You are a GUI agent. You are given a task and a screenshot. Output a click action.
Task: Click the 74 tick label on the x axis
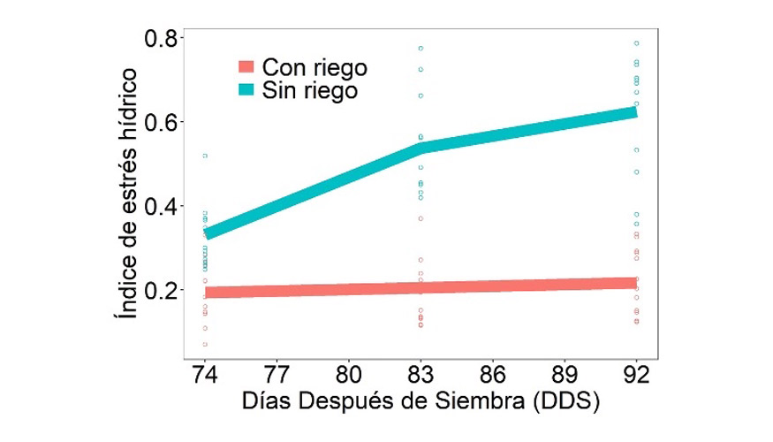(x=205, y=374)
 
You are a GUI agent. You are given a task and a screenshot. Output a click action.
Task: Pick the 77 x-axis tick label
(x=277, y=374)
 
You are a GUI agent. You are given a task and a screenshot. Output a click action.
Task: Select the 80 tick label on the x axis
(x=349, y=374)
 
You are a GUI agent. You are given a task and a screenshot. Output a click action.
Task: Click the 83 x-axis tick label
(x=421, y=374)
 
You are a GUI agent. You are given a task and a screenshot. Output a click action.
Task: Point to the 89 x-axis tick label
(x=565, y=374)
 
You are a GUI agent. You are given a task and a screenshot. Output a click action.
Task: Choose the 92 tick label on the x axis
(x=635, y=374)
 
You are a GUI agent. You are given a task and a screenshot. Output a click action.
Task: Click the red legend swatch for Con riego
(x=246, y=67)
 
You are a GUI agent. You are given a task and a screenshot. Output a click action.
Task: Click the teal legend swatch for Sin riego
(x=246, y=89)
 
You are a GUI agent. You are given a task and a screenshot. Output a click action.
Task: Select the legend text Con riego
(x=315, y=67)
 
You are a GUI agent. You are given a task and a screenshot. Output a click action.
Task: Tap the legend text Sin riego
(x=310, y=89)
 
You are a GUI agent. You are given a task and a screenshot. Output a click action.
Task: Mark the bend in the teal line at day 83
(x=421, y=146)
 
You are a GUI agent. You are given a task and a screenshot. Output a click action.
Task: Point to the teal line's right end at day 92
(x=634, y=111)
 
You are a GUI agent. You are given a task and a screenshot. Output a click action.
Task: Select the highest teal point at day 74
(x=205, y=156)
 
